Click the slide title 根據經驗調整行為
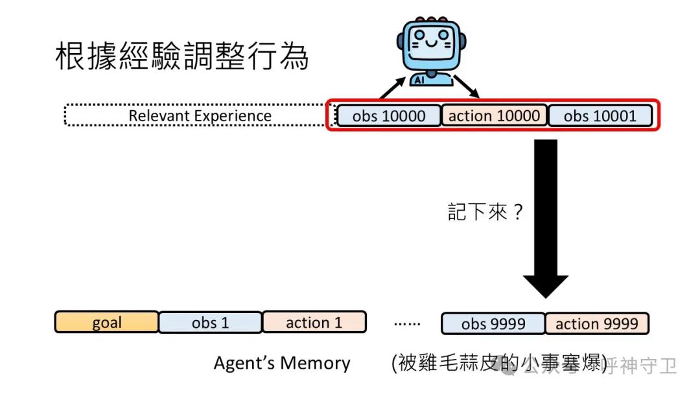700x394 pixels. click(181, 57)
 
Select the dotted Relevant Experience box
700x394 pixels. click(200, 116)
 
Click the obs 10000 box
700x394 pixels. click(389, 116)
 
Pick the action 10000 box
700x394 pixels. click(494, 116)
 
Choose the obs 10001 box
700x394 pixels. click(600, 116)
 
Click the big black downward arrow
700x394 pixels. click(545, 214)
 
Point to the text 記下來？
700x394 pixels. click(485, 212)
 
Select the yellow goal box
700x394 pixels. click(106, 323)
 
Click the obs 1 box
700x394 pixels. click(210, 323)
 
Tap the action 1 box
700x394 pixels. click(314, 323)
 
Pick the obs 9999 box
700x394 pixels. click(493, 323)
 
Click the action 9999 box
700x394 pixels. click(596, 323)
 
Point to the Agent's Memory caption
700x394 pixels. click(282, 364)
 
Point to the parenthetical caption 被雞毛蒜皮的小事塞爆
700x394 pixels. click(499, 364)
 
